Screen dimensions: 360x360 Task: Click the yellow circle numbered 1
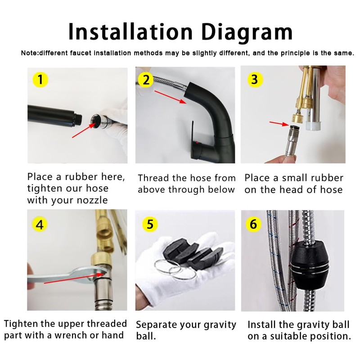40,80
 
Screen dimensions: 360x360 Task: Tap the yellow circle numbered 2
145,80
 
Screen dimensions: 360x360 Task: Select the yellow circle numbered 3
255,80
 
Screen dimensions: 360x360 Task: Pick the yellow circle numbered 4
40,224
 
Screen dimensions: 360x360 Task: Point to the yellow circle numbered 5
150,224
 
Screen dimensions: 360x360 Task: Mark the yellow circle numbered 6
253,224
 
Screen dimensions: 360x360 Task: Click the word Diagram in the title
247,32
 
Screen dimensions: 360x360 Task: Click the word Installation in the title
130,31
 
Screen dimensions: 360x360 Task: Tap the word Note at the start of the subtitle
29,53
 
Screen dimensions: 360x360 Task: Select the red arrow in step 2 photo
171,97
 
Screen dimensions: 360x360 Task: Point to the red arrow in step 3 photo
279,123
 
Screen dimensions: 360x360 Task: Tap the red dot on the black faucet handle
197,143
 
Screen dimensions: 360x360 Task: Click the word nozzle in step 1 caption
92,200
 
